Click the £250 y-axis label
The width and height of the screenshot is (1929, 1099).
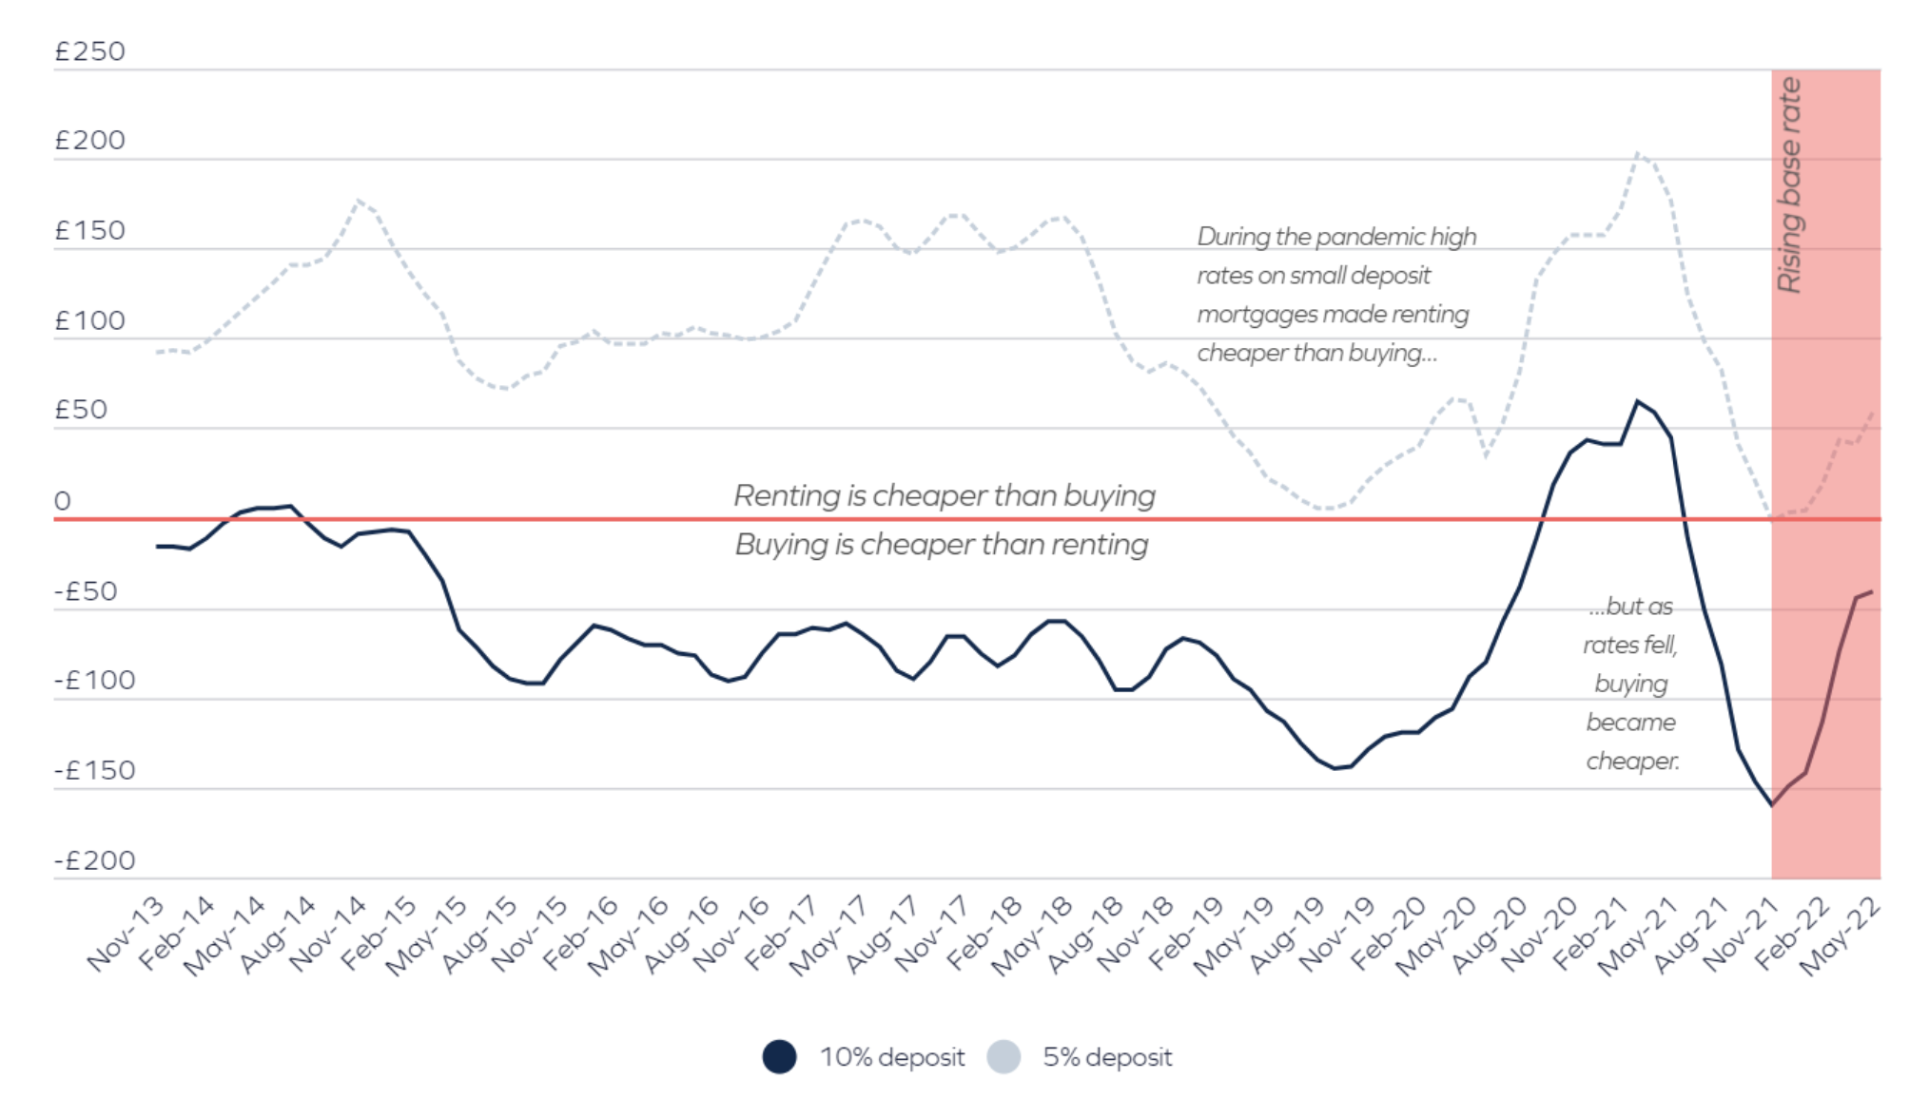click(89, 51)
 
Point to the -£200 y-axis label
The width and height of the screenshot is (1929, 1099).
click(94, 860)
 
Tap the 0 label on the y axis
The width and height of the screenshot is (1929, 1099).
click(63, 501)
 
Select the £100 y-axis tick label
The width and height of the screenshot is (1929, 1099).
click(89, 321)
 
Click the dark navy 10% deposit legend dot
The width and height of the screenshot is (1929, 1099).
click(779, 1057)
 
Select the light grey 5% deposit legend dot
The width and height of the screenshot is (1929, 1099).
click(1003, 1057)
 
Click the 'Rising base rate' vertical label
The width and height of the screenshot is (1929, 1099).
click(1789, 185)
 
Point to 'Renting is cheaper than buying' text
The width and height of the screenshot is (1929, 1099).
click(945, 495)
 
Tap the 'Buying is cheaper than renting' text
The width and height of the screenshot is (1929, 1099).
click(942, 545)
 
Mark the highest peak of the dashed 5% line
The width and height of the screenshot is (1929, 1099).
click(1638, 153)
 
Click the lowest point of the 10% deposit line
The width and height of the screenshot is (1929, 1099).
click(1771, 805)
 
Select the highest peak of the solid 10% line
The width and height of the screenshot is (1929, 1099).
click(1638, 401)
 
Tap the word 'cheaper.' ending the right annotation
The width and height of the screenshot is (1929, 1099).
click(1632, 762)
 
